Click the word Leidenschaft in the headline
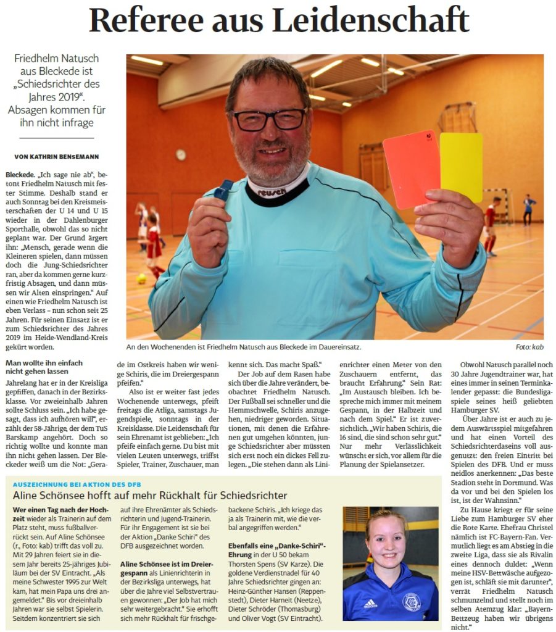(x=371, y=20)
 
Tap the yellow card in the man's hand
(x=461, y=167)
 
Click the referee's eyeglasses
(x=270, y=119)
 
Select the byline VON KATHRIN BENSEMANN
(x=57, y=157)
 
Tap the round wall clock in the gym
(x=180, y=154)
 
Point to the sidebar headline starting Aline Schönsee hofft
(x=150, y=495)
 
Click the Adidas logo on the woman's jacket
(x=370, y=602)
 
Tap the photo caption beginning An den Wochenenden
(x=243, y=348)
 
